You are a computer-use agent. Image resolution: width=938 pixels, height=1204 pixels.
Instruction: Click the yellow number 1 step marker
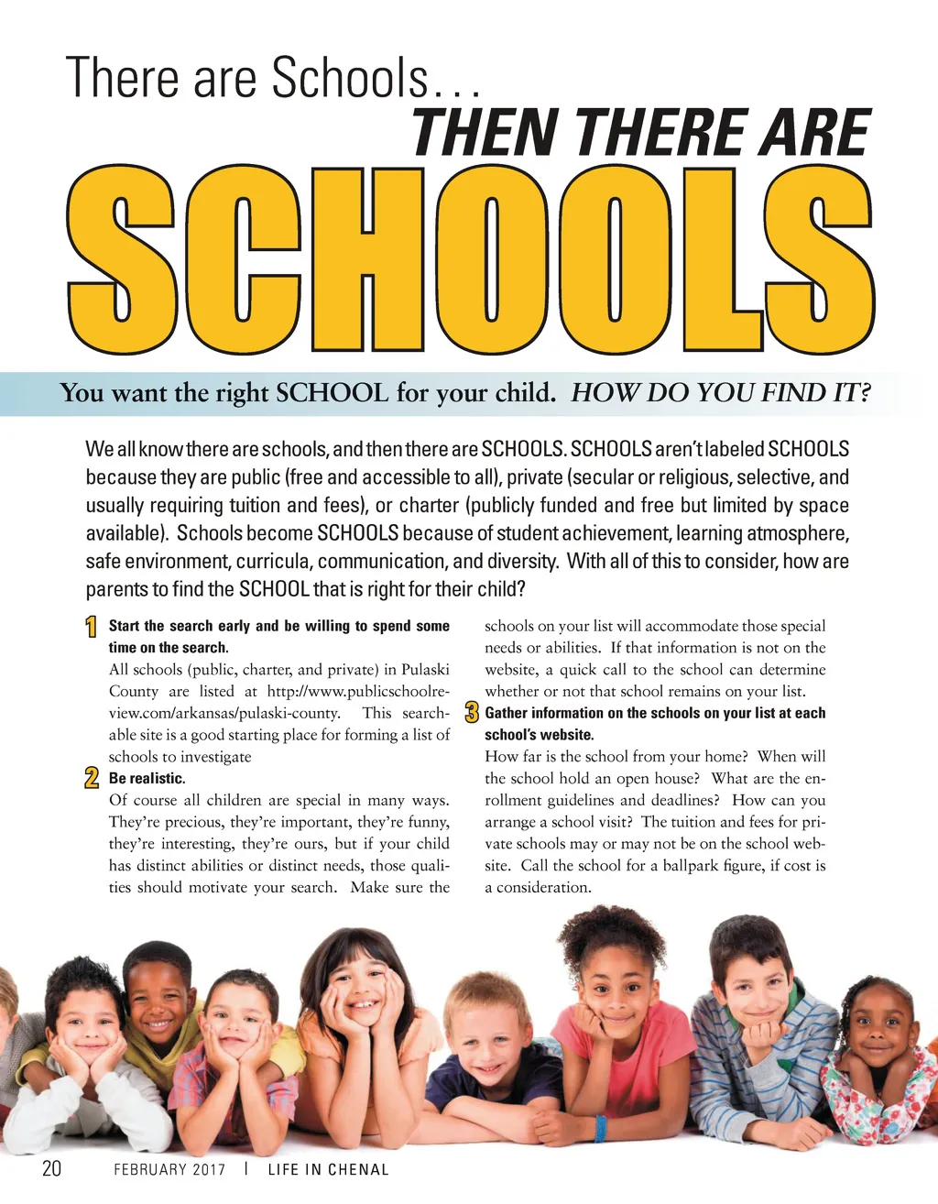pos(92,628)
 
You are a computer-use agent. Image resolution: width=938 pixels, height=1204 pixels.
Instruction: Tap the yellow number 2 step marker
pos(92,779)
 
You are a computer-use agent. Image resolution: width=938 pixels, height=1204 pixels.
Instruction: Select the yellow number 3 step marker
pos(472,713)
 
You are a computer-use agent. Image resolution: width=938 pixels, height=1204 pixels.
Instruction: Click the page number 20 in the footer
pos(51,1168)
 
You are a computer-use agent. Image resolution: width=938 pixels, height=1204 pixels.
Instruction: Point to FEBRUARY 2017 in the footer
pos(169,1169)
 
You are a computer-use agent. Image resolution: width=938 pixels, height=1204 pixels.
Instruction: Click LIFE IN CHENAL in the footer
pos(328,1169)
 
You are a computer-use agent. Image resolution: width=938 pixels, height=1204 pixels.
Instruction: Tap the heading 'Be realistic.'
pos(147,779)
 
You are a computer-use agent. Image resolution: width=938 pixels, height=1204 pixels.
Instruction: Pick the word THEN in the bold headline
pos(485,134)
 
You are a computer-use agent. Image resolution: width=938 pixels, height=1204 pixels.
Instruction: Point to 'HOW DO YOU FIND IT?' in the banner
pos(720,393)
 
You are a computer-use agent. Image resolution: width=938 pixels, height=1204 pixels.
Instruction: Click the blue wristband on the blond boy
pos(601,1127)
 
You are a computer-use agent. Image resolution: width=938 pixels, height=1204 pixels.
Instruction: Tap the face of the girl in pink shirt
pos(617,990)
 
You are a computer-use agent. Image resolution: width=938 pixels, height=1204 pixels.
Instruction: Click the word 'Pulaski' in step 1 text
pos(425,670)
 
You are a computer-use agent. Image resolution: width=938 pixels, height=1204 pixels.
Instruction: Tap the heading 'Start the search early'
pos(278,627)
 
